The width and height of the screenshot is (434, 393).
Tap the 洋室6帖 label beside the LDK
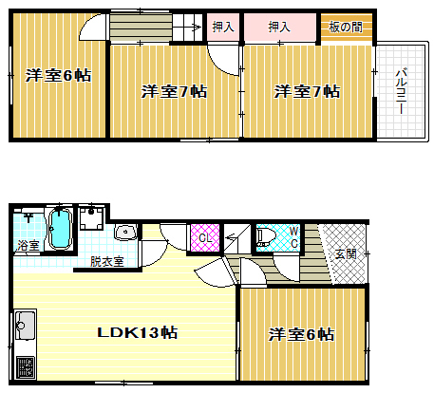click(x=300, y=334)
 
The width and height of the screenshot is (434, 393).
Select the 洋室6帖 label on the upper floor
click(x=59, y=75)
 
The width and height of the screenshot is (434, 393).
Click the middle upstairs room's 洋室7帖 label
click(x=175, y=91)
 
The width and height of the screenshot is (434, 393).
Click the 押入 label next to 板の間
click(x=279, y=27)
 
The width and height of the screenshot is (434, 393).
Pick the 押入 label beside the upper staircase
click(x=223, y=27)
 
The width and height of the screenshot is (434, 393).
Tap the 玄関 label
click(x=347, y=253)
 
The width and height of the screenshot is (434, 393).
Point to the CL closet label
click(x=205, y=236)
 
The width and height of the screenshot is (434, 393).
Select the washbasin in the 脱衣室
click(x=124, y=234)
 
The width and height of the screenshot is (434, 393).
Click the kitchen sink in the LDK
click(x=25, y=327)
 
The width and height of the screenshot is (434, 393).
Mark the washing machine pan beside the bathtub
click(x=92, y=221)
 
